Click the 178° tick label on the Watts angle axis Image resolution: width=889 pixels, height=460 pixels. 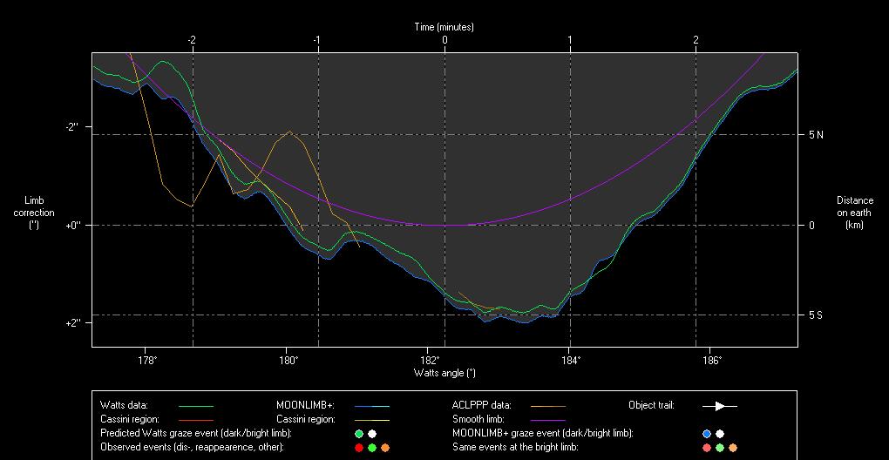[146, 360]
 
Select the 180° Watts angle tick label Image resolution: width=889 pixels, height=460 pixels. [288, 360]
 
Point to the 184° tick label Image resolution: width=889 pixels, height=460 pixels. [570, 360]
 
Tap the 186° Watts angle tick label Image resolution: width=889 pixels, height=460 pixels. [711, 360]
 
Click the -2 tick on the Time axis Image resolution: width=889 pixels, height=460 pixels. [191, 40]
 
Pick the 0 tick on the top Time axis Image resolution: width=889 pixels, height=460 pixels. [444, 40]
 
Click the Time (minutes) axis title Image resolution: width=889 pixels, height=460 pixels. [444, 27]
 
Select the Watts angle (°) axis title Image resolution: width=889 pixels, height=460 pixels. [444, 373]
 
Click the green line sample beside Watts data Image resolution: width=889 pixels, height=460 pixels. [195, 406]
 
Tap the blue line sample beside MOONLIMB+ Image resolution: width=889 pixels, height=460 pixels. [371, 406]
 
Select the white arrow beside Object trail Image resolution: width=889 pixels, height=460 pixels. [720, 406]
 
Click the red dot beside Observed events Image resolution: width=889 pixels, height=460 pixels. [358, 447]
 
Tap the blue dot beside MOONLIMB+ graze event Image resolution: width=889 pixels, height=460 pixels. [707, 433]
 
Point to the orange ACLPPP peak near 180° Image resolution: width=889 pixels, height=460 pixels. [289, 132]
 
